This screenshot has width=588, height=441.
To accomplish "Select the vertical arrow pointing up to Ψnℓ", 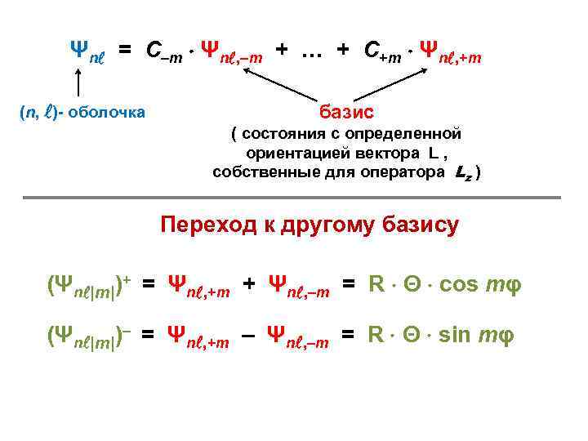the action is (78, 84).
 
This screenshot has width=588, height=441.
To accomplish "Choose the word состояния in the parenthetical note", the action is (278, 134).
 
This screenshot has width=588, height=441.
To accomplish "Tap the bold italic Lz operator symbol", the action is (461, 173).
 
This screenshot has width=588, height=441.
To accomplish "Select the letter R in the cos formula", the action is (376, 284).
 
